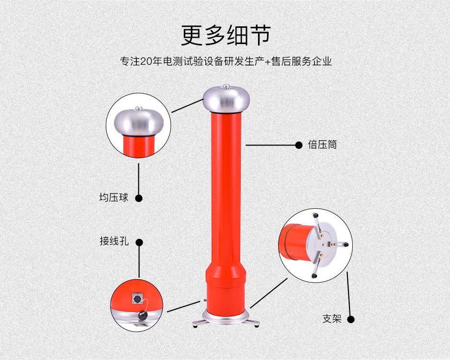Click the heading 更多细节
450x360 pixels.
226,35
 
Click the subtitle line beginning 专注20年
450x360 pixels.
226,61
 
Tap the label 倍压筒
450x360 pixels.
322,145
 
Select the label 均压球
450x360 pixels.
113,198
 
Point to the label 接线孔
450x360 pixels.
114,241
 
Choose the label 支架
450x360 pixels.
332,319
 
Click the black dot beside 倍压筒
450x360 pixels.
299,145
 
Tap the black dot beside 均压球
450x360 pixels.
139,198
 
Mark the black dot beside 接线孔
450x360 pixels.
139,243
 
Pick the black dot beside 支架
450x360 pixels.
351,319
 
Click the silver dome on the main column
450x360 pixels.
226,99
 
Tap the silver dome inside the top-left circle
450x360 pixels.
139,122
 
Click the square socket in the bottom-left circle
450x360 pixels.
136,299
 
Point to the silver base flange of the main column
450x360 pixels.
226,319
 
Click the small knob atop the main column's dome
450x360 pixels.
226,86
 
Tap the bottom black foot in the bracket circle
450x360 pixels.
314,276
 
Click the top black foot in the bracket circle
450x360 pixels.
315,215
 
